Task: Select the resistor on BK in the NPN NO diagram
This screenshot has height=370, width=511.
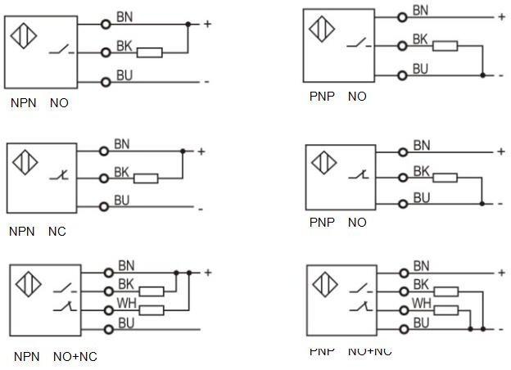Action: click(149, 52)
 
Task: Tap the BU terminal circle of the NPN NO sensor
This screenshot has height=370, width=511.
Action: click(106, 81)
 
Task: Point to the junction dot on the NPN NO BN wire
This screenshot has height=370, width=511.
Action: click(188, 25)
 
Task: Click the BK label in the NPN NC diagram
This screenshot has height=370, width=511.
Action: click(122, 172)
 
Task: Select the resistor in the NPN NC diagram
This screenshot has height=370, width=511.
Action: click(145, 178)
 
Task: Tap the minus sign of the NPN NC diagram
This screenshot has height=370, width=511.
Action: click(201, 208)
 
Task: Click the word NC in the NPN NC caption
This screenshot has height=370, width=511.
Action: click(57, 232)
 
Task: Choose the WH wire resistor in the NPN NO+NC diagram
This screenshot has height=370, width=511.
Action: click(151, 310)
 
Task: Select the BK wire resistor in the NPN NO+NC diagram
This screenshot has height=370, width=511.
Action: click(151, 291)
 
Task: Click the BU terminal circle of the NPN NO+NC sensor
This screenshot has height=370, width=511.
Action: click(106, 329)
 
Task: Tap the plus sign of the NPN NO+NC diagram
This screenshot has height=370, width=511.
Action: click(208, 273)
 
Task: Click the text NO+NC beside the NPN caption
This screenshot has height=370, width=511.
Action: click(75, 357)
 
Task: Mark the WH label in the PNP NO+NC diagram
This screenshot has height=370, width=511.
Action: click(421, 304)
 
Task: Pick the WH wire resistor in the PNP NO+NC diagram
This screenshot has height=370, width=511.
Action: click(445, 309)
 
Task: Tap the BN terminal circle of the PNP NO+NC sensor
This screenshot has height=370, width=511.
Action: click(402, 272)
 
